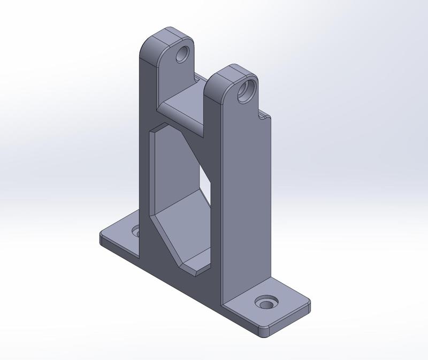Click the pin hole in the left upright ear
(184, 54)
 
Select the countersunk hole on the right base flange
(265, 303)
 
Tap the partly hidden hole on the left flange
(136, 233)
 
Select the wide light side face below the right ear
(246, 203)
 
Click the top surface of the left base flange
(120, 235)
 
